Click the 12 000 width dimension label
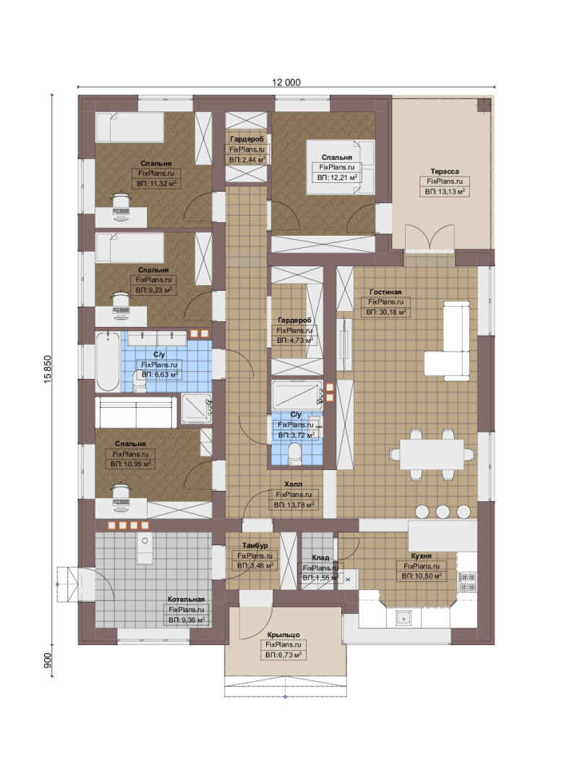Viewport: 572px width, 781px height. [x=286, y=82]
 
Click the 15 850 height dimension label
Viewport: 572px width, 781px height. [x=48, y=369]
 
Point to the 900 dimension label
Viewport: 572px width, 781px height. [x=48, y=660]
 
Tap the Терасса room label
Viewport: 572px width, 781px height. [x=445, y=171]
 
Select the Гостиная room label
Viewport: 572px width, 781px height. [x=385, y=292]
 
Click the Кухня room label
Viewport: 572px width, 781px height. [x=421, y=556]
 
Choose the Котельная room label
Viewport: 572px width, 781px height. [x=186, y=599]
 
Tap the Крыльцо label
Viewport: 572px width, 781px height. [x=283, y=635]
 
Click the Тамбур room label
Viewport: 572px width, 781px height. [x=255, y=546]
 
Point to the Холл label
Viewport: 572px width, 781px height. [x=293, y=484]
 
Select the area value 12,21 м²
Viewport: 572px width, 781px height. [x=337, y=177]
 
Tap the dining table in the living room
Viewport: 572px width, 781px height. [x=432, y=453]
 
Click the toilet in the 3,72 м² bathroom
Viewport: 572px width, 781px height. [x=295, y=454]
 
